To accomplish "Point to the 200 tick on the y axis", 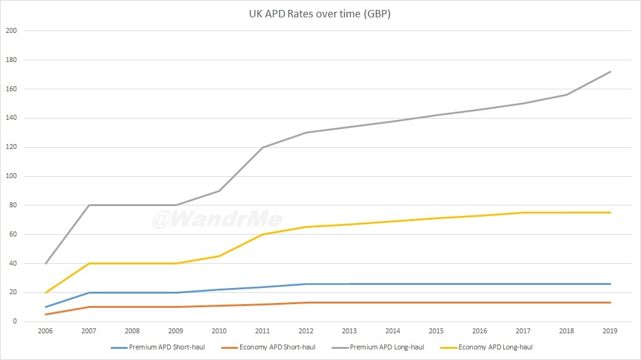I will click(x=12, y=31).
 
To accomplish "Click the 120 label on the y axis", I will click(x=12, y=147).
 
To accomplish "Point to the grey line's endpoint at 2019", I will click(x=611, y=71).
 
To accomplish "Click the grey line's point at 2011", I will click(x=263, y=147).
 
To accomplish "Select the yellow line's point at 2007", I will click(x=89, y=263).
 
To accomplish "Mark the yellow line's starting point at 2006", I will click(x=46, y=292).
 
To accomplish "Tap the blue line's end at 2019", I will click(x=611, y=284).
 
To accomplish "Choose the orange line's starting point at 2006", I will click(x=46, y=314).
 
